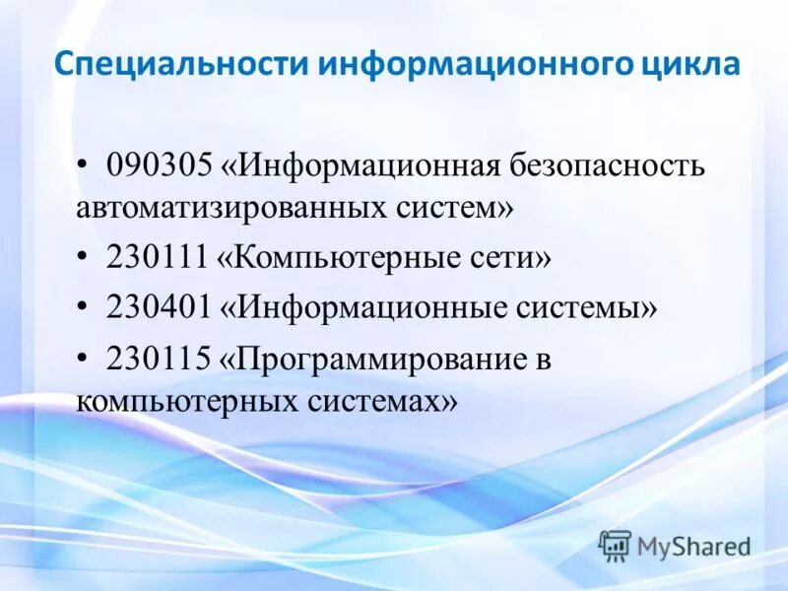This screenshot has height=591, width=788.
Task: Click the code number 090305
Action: (160, 164)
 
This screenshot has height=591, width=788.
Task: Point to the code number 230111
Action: (159, 259)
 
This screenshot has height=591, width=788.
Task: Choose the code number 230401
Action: (160, 308)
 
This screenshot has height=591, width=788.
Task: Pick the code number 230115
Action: (159, 358)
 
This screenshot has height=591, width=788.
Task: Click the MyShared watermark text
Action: (693, 546)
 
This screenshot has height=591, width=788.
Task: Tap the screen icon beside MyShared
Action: (615, 545)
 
